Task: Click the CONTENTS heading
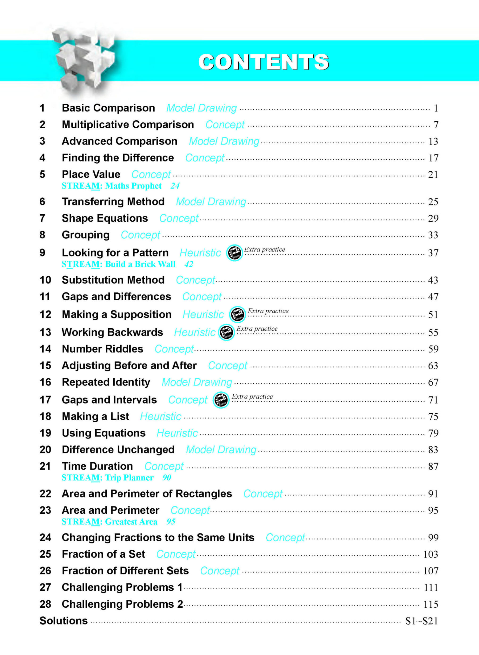tap(263, 62)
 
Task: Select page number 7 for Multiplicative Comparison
tap(436, 125)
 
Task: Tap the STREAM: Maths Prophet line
tap(112, 186)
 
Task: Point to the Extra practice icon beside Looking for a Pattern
tap(234, 253)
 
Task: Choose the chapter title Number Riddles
tap(102, 349)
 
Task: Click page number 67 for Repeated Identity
tap(433, 382)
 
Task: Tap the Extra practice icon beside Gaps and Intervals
tap(221, 400)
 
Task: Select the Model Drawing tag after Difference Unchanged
tap(221, 450)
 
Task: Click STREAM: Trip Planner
tap(108, 478)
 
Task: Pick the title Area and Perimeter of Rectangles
tap(147, 494)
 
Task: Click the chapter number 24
tap(45, 538)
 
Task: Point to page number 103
tap(430, 554)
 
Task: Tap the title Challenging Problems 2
tap(122, 604)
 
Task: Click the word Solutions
tap(64, 621)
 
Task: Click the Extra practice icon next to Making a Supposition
tap(237, 315)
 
